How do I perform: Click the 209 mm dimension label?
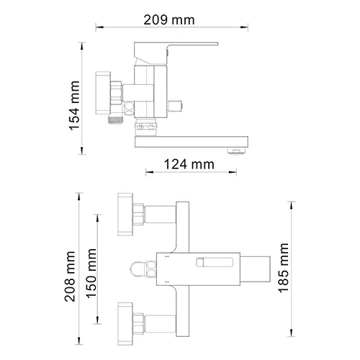pos(168,19)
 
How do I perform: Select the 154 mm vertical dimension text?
pos(73,106)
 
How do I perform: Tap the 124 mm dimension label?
pos(189,164)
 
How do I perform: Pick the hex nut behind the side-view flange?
pos(115,92)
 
